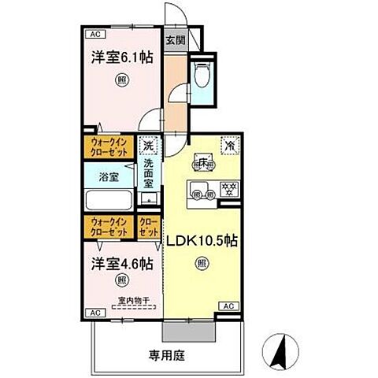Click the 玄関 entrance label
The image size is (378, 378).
175,40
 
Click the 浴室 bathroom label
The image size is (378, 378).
109,177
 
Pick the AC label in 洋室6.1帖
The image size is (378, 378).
94,35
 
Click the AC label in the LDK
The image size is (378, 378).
228,306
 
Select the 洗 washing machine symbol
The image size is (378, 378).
148,146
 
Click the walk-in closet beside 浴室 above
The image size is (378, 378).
109,146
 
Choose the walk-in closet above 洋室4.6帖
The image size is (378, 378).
109,227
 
